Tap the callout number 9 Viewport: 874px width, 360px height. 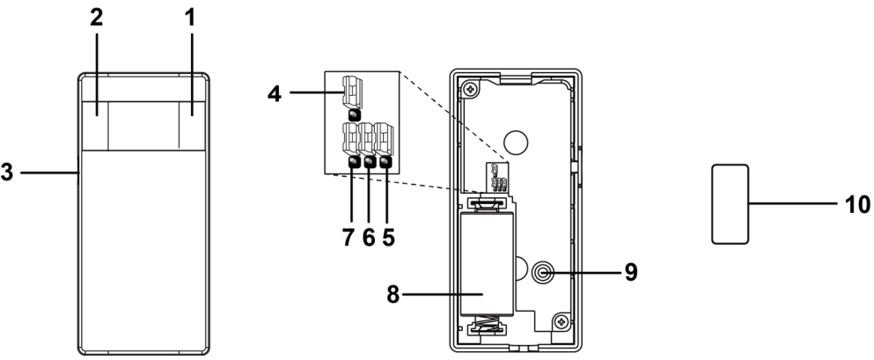(x=632, y=272)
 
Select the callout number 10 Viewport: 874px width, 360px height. (x=856, y=204)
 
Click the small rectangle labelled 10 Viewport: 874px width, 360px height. (x=728, y=202)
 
